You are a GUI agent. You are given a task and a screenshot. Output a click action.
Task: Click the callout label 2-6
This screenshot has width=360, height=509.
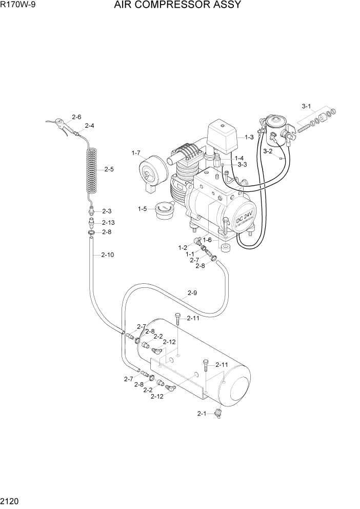76,117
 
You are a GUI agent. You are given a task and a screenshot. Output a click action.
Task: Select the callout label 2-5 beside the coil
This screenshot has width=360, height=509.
109,169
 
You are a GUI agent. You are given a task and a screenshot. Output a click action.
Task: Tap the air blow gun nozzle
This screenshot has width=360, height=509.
56,123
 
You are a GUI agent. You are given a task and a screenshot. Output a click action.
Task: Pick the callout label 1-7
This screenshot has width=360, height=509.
136,153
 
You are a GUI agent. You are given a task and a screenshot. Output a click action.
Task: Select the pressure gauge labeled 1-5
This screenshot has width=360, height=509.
164,211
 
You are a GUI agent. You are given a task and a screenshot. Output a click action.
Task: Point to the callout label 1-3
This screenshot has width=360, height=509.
249,138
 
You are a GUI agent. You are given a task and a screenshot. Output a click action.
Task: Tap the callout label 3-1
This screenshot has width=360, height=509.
307,107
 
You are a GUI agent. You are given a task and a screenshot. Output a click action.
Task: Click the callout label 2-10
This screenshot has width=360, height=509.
107,255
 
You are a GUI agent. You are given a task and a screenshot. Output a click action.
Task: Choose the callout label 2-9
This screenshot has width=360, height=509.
192,293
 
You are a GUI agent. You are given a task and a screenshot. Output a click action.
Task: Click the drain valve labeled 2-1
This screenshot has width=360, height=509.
220,413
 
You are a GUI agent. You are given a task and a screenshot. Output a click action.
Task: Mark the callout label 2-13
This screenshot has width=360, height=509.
108,222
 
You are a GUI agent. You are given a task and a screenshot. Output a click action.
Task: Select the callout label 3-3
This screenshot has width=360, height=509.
242,164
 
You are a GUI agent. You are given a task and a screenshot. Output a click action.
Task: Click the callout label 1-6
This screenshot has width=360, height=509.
207,240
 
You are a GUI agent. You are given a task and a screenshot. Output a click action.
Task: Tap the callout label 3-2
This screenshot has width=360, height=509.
268,151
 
